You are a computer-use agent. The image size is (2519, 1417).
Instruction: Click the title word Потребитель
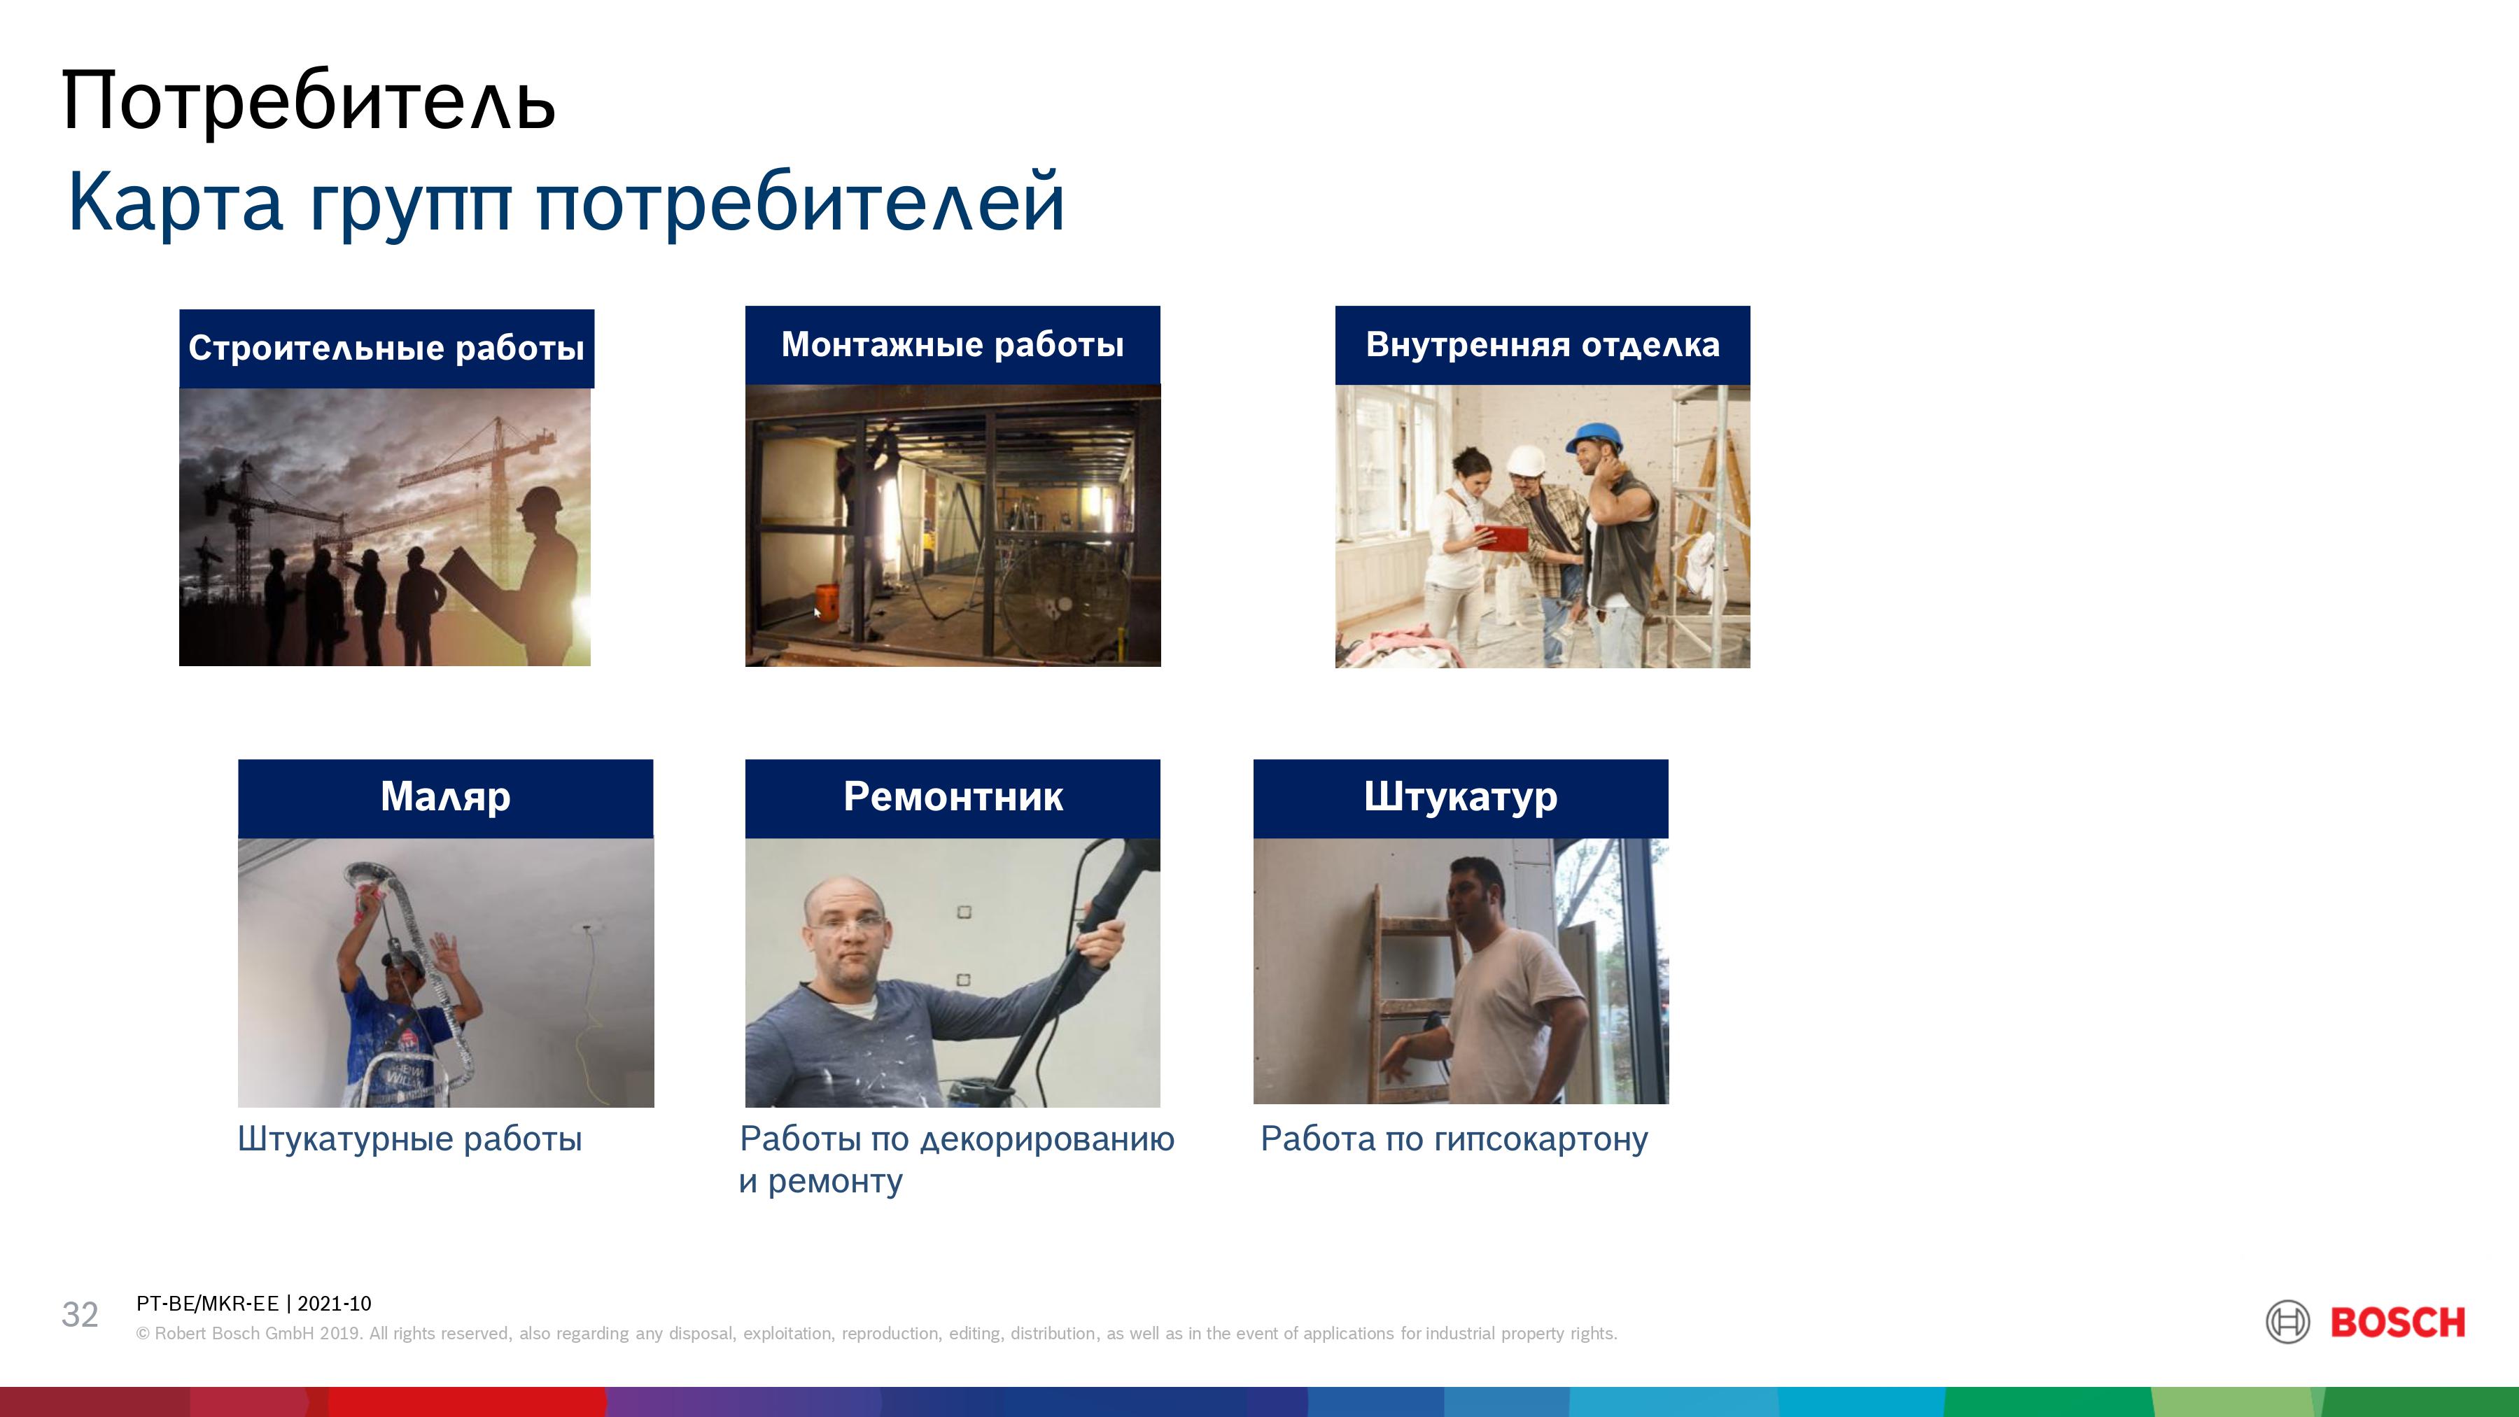point(309,100)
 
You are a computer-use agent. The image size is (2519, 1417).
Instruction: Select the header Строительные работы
point(386,348)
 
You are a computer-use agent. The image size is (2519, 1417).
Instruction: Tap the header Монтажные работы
point(953,344)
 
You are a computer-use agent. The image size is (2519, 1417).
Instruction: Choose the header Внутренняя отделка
point(1542,344)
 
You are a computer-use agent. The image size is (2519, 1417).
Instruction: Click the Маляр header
point(445,797)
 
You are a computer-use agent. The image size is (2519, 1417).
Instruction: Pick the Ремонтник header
point(953,797)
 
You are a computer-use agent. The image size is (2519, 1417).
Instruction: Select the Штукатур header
point(1461,797)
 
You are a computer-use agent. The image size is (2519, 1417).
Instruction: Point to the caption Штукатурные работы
point(409,1139)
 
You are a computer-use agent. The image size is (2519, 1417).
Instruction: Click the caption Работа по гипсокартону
point(1454,1139)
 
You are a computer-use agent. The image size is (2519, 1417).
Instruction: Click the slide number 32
point(80,1314)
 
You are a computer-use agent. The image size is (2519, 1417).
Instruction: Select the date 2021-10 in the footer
point(335,1304)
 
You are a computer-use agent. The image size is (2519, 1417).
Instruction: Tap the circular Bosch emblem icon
point(2287,1322)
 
